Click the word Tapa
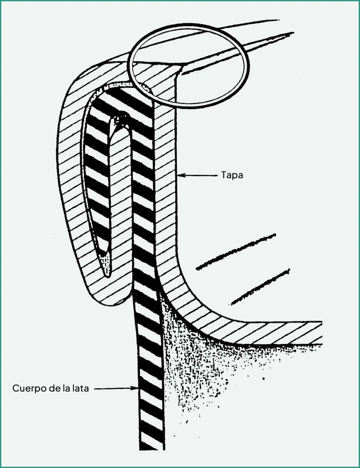tap(232, 175)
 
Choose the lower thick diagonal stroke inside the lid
tap(261, 287)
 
